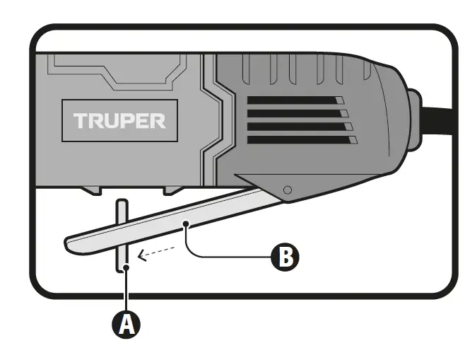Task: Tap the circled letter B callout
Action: [x=283, y=257]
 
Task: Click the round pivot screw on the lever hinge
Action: [x=286, y=190]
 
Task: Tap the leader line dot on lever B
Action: [x=186, y=224]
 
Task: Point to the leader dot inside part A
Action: [x=124, y=267]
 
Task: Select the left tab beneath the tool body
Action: [x=94, y=192]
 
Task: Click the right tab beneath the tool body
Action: [x=174, y=192]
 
